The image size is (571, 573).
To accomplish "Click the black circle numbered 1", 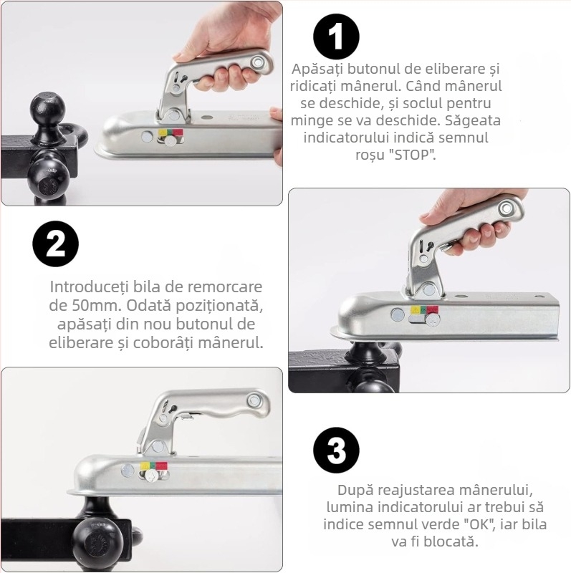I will click(x=336, y=36).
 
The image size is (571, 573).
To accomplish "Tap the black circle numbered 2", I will click(x=55, y=244).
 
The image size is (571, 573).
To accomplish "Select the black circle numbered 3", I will click(x=336, y=451).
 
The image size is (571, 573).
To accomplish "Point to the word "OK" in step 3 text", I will click(x=484, y=525).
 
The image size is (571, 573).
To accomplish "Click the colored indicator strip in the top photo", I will click(x=171, y=133).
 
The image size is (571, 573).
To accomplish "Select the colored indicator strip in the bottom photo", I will click(x=153, y=466).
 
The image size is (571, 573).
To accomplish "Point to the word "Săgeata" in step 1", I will click(x=475, y=120).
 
